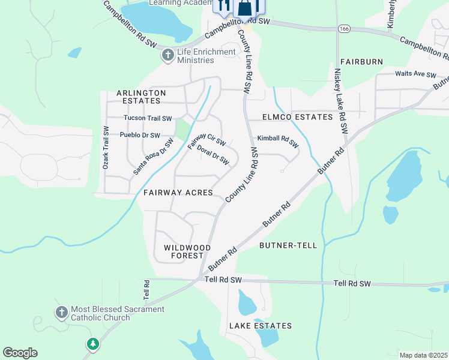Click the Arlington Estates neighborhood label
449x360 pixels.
point(141,97)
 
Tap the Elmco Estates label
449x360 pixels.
point(297,117)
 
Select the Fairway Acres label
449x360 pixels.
point(178,193)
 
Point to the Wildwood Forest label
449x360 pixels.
point(187,251)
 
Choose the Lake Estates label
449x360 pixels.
point(261,326)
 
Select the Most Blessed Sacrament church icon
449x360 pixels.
point(61,313)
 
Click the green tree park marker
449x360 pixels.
point(92,344)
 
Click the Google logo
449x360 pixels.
point(20,353)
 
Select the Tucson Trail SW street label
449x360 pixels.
point(148,118)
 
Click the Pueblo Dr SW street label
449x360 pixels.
point(140,135)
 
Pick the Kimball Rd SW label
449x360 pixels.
point(278,141)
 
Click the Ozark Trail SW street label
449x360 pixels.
point(106,147)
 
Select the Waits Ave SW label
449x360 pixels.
point(415,74)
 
